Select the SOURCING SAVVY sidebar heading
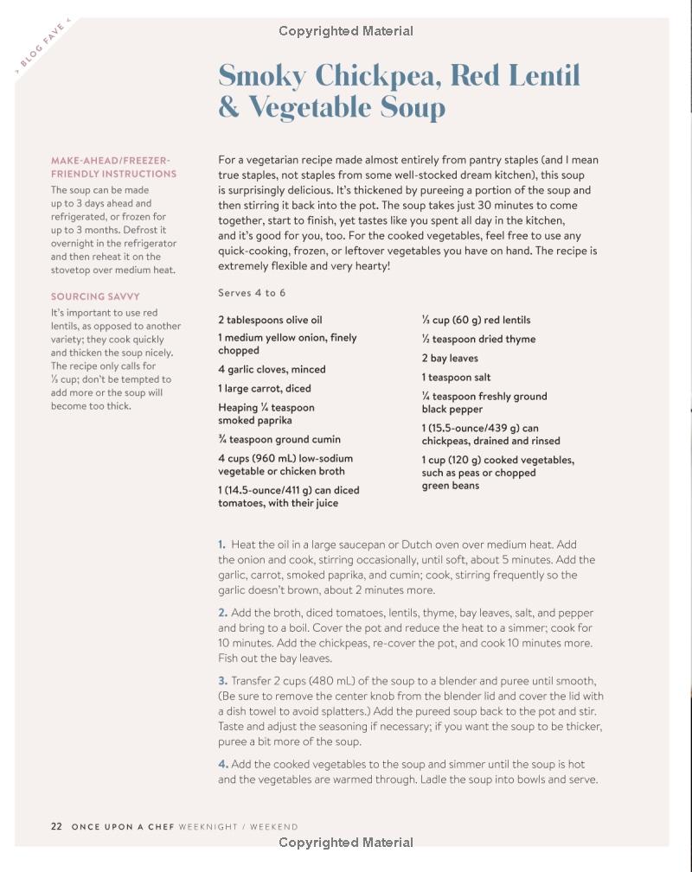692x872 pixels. click(x=95, y=296)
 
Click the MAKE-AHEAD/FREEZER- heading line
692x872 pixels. click(x=111, y=160)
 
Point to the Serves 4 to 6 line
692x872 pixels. click(x=252, y=293)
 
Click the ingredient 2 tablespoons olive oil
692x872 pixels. click(x=270, y=320)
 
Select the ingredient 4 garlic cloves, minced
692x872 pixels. click(x=272, y=369)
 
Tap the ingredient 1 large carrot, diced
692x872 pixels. click(x=265, y=388)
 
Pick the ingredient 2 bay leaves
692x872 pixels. click(x=450, y=358)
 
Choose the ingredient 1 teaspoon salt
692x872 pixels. click(x=456, y=377)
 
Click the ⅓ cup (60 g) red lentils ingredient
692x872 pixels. click(x=476, y=320)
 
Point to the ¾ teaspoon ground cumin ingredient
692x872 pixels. click(x=279, y=439)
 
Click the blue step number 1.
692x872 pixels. click(x=221, y=544)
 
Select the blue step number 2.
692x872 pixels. click(x=222, y=613)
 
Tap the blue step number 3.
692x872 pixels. click(x=222, y=681)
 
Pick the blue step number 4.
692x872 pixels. click(x=222, y=764)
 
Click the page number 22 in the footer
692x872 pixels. click(x=56, y=826)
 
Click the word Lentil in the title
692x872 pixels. click(x=544, y=76)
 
